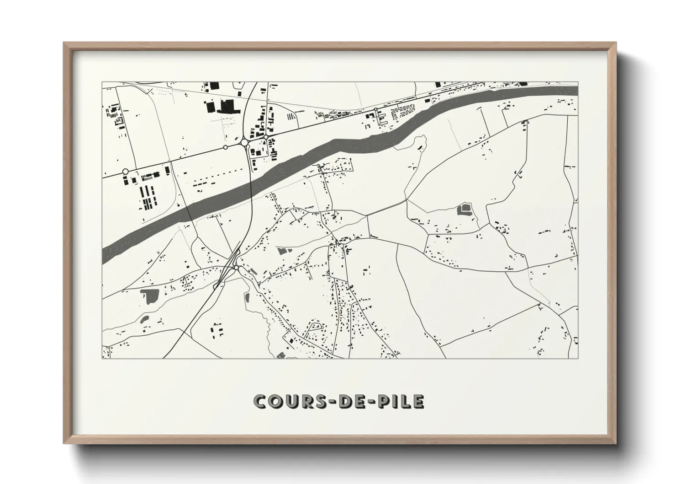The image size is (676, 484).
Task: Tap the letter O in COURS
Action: coord(278,401)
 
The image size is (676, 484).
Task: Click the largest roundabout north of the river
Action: coord(244,143)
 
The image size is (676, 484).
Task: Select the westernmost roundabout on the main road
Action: coord(126,172)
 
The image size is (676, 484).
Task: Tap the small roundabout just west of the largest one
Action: coord(225,147)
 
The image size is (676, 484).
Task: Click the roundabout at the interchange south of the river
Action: coord(236,268)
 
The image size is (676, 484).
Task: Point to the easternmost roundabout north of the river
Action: coord(375,110)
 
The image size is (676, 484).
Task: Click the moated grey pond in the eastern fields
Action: coord(465,210)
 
